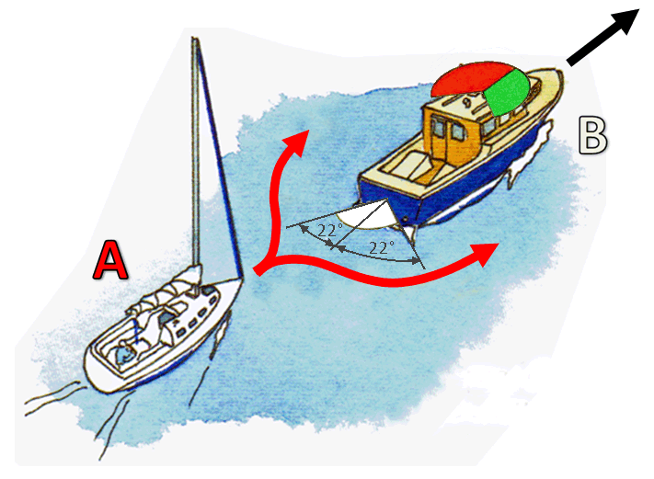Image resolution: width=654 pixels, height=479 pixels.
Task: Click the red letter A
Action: click(110, 259)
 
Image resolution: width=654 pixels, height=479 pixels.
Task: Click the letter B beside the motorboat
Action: click(593, 134)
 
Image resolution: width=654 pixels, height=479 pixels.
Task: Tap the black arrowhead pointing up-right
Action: click(624, 23)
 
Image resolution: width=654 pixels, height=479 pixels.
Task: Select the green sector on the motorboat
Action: click(508, 93)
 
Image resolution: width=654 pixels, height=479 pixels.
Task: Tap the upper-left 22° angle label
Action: click(330, 230)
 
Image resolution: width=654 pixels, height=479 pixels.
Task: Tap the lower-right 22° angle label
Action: click(381, 247)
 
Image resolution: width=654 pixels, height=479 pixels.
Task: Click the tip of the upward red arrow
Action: click(308, 131)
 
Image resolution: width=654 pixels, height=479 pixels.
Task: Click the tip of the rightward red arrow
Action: click(499, 245)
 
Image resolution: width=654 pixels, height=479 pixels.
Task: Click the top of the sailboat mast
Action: click(194, 38)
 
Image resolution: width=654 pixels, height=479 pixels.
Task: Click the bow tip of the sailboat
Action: click(242, 279)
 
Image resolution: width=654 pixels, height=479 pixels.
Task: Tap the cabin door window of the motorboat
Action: click(457, 132)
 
